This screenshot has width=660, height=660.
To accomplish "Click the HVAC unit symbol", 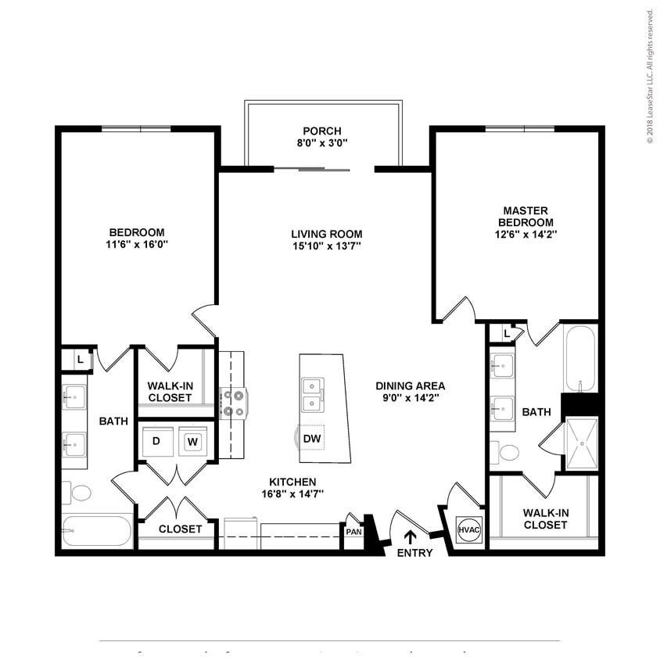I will (468, 530).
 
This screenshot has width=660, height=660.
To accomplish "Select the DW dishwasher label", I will (312, 439).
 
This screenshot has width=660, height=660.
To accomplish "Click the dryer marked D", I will (156, 442).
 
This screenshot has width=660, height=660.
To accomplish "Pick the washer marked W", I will (192, 442).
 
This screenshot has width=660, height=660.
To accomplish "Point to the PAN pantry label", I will (353, 532).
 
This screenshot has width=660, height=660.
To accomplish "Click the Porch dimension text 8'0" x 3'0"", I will (322, 143).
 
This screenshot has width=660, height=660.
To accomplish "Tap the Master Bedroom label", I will (525, 216).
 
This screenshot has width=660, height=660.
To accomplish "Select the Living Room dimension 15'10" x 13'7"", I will (326, 246).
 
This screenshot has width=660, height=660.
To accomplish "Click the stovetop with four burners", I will (234, 404).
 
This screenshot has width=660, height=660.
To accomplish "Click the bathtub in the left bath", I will (97, 531).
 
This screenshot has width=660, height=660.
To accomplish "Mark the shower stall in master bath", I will (581, 443).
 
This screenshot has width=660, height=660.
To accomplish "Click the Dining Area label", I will (410, 386).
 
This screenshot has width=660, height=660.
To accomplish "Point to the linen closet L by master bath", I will (507, 334).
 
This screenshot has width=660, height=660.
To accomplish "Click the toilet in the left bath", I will (77, 493).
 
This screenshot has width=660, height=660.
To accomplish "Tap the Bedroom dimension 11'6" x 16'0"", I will (137, 245).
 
